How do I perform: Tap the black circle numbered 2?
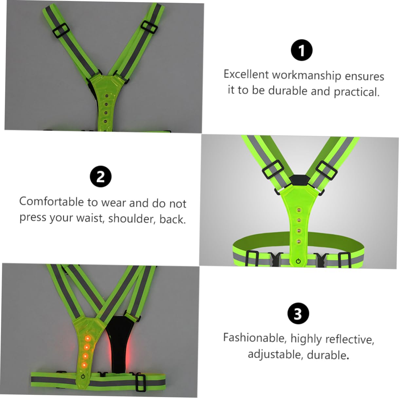point(100,176)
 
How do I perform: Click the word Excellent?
point(246,74)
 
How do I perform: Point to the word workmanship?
point(306,76)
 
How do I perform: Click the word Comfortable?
point(51,201)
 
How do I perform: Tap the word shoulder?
point(132,218)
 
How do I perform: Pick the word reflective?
point(350,339)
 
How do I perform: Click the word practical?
point(357,92)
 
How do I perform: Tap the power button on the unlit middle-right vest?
point(298,261)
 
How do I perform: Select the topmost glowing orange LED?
point(87,338)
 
